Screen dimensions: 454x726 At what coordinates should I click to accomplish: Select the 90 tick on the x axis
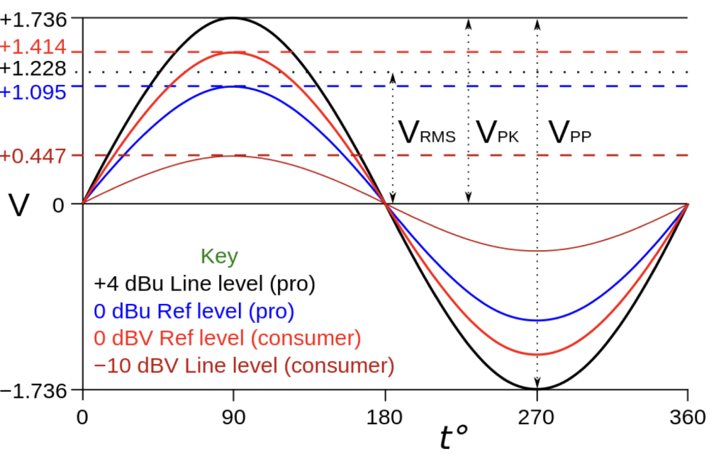(233, 417)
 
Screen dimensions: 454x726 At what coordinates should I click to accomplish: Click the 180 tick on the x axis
(386, 417)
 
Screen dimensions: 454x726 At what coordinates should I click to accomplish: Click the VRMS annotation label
(425, 132)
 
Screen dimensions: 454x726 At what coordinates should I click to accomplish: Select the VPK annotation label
(498, 132)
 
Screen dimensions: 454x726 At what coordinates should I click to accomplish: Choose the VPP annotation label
(570, 132)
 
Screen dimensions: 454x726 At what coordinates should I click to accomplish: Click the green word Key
(220, 255)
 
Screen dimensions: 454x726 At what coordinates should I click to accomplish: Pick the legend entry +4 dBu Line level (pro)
(205, 284)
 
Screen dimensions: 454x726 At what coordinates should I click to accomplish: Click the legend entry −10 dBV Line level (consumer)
(244, 366)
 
